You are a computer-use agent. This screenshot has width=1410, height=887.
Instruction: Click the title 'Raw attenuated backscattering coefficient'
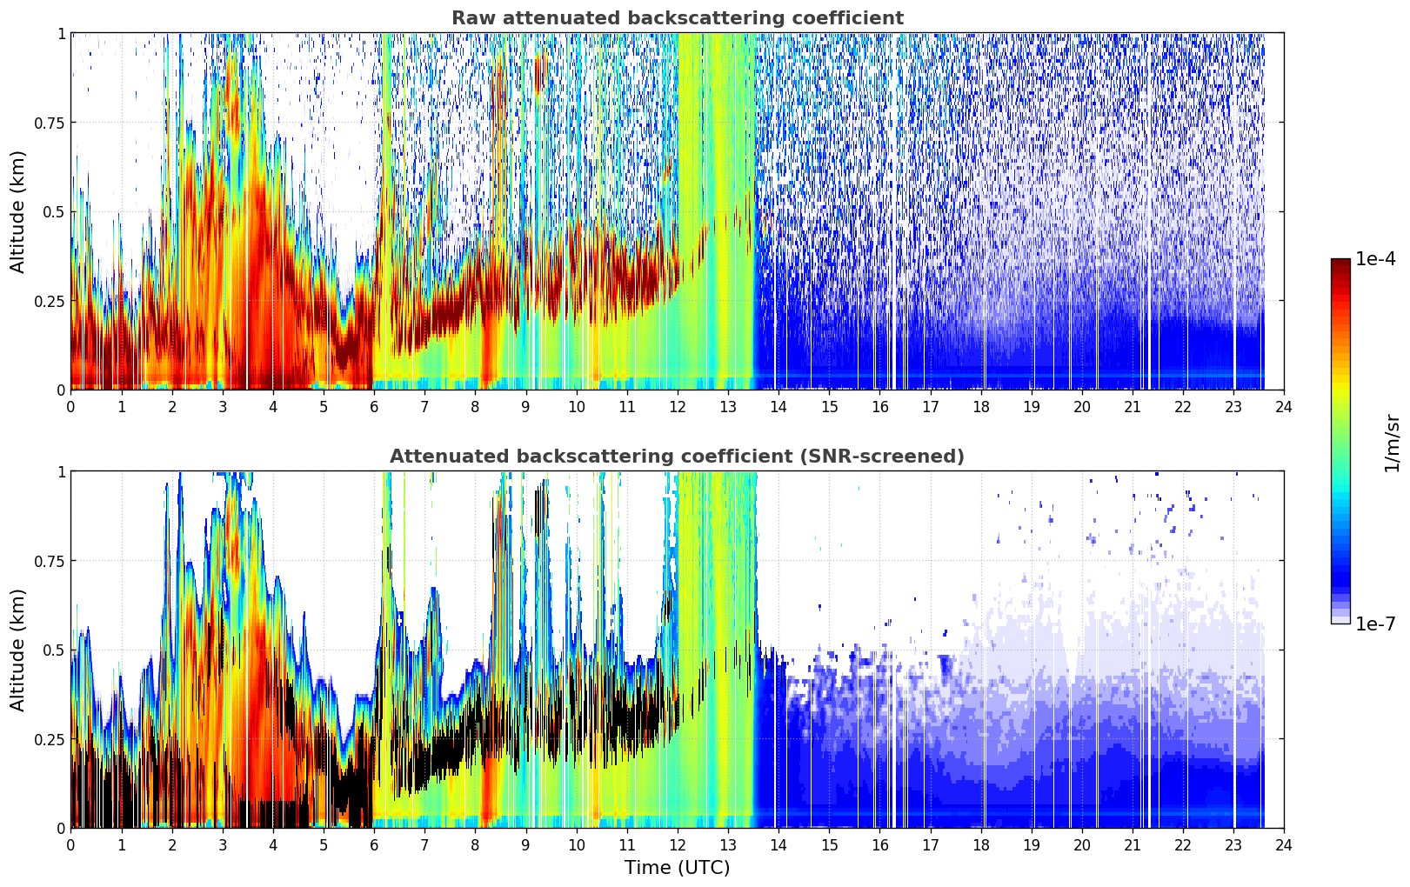pos(678,17)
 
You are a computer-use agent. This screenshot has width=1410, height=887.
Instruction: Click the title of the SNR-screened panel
pos(678,456)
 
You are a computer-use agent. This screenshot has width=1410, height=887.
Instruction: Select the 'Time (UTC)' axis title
pos(678,868)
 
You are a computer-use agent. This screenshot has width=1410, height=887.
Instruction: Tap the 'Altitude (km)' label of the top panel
pos(17,211)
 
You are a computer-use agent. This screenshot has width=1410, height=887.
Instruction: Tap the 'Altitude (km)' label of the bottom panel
pos(17,650)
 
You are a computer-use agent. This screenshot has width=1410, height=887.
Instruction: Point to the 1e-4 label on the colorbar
pos(1375,259)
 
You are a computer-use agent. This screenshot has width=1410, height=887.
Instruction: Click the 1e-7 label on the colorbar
pos(1375,624)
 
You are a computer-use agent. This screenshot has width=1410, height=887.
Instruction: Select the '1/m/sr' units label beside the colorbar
pos(1392,443)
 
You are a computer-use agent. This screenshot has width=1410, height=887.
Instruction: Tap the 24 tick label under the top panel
pos(1284,407)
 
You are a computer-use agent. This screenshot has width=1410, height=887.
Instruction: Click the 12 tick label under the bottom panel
pos(678,845)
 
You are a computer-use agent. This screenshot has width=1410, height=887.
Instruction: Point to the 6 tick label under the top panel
pos(374,407)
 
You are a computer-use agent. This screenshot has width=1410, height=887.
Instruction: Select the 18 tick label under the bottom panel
pos(980,845)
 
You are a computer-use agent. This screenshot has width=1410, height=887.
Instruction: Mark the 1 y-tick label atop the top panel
pos(62,33)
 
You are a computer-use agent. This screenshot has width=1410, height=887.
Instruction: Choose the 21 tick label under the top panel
pos(1133,407)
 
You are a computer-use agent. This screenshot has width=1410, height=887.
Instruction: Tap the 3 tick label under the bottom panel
pos(222,845)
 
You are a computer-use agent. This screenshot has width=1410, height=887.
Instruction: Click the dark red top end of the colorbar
pos(1340,262)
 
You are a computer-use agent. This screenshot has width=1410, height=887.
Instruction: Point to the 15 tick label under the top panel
pos(829,407)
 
